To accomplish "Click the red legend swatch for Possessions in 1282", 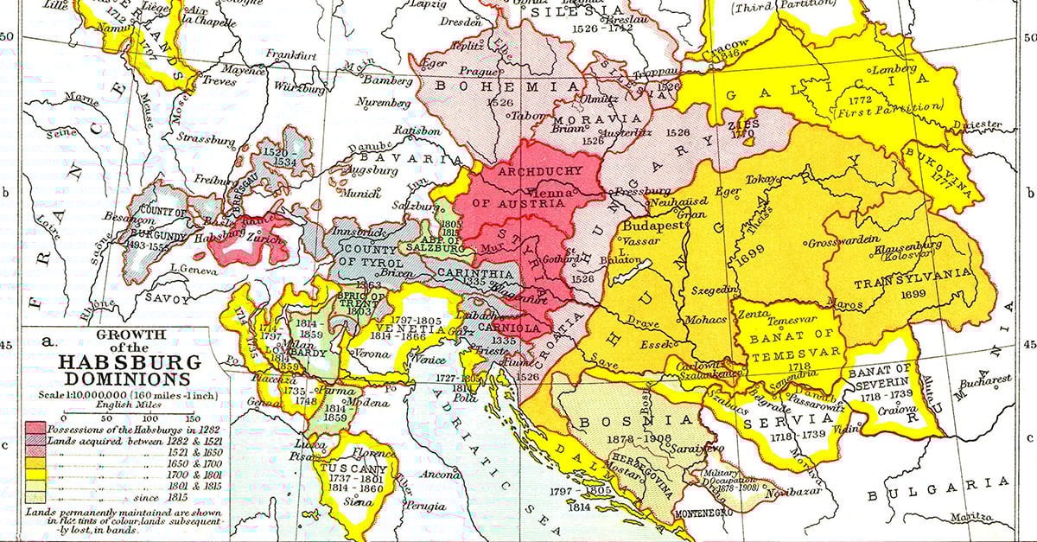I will pos(35,430).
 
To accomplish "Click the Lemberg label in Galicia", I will pos(894,69).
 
